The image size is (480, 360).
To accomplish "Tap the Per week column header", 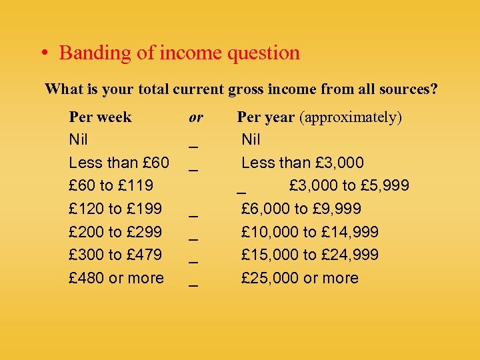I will point(100,117).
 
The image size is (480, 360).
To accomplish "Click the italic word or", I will point(195,117).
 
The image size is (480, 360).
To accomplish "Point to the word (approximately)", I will point(351,118).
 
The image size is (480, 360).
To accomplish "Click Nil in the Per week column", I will point(79,140).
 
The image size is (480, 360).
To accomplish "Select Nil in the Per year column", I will point(251,140).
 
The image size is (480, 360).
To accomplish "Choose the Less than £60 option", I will point(119,163).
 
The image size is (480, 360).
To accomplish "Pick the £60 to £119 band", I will point(111,185).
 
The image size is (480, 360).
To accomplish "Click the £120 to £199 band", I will point(115,209).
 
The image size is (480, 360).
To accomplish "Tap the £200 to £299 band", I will point(115,232).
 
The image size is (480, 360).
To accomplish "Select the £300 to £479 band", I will point(115,255).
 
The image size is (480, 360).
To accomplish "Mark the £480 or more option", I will point(116,278).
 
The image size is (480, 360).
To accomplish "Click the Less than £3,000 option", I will point(303,163).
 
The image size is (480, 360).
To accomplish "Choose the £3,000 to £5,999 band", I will point(349,185).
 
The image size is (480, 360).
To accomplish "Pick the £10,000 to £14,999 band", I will point(310,232).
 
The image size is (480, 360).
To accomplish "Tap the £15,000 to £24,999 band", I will point(310,255).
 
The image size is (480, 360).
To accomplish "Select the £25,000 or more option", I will point(299,278).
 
